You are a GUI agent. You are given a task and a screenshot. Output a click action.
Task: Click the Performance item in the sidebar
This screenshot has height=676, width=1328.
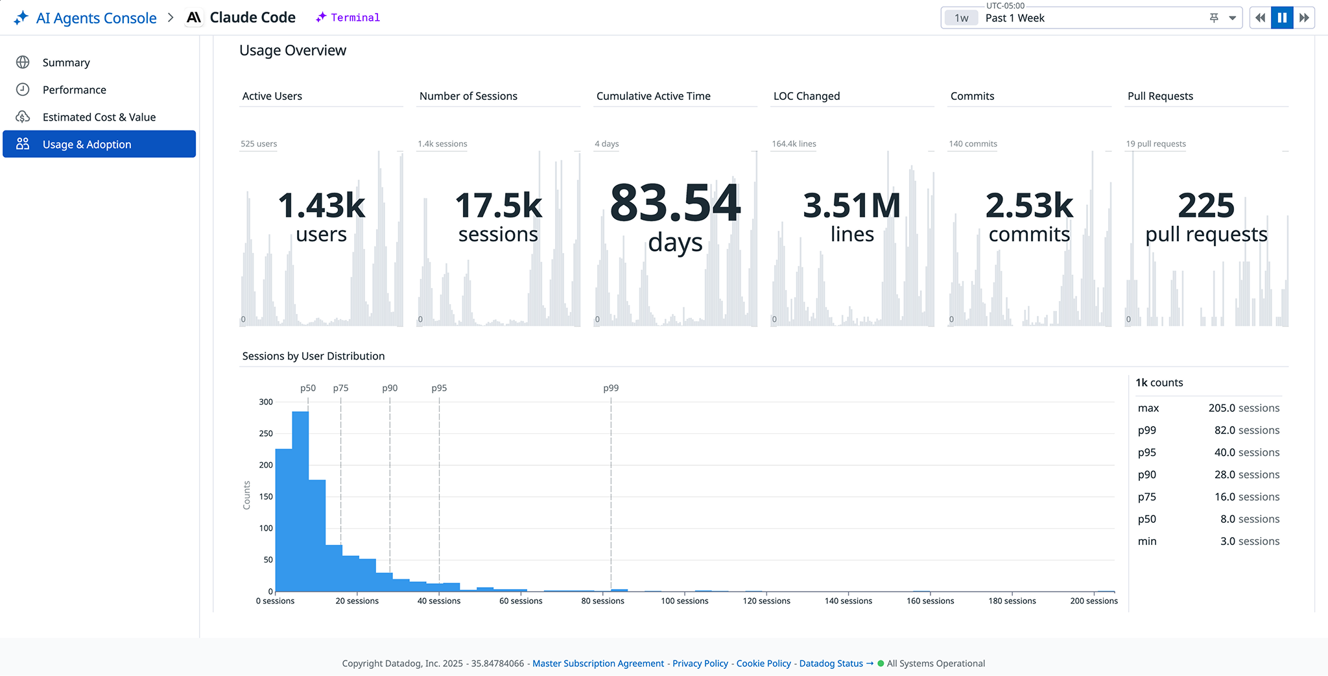tap(74, 90)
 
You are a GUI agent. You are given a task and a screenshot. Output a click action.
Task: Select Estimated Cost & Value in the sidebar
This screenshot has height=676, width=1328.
tap(99, 117)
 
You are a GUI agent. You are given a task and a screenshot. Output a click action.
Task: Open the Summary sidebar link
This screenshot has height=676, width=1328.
tap(65, 62)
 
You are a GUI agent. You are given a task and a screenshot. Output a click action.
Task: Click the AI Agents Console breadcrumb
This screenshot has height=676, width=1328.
tap(96, 18)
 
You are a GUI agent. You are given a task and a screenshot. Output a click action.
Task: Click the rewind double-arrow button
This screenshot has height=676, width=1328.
tap(1259, 18)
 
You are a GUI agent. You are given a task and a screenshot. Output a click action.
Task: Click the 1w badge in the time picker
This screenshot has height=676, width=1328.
tap(961, 18)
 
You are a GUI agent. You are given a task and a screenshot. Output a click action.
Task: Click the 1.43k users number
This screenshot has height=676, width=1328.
tap(321, 206)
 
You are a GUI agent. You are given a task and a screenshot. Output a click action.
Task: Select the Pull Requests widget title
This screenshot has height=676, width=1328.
tap(1159, 96)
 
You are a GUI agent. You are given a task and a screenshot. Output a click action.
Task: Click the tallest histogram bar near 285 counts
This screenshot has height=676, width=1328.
tap(300, 500)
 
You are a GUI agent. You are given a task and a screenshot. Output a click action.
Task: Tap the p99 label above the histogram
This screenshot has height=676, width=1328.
tap(610, 388)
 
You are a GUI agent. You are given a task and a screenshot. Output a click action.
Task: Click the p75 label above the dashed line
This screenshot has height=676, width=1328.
tap(340, 388)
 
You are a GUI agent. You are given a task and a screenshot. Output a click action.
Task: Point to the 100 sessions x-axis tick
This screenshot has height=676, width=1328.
tap(684, 601)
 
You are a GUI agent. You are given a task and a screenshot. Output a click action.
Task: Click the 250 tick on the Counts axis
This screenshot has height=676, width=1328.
tap(266, 433)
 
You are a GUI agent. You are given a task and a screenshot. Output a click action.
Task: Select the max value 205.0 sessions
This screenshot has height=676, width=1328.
tap(1243, 408)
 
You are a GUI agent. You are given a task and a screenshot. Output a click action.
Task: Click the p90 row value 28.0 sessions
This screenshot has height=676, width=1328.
tap(1246, 475)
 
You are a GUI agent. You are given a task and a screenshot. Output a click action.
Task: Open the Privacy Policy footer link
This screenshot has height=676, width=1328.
tap(700, 663)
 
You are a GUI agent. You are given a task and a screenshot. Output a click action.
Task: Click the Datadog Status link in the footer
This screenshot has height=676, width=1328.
tap(831, 663)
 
